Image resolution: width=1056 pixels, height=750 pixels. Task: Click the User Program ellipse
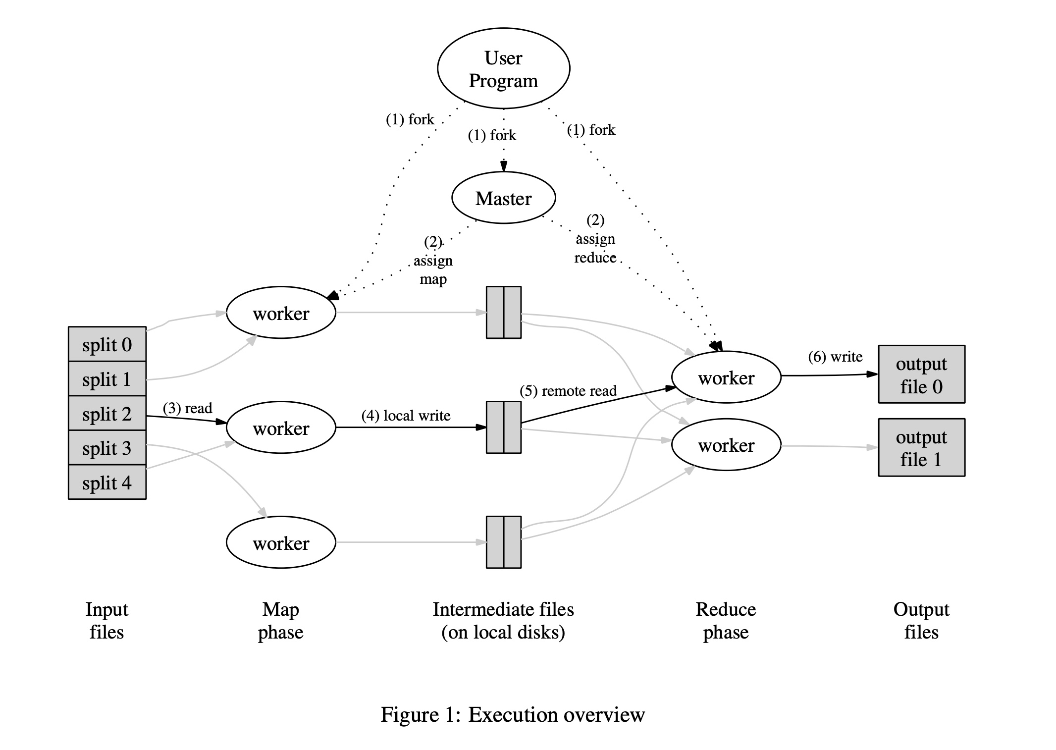click(504, 68)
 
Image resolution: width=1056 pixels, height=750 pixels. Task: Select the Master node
click(504, 198)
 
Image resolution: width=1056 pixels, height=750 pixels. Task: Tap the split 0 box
click(107, 344)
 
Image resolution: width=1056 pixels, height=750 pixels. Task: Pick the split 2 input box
click(107, 413)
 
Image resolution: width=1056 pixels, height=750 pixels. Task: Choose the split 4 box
click(107, 482)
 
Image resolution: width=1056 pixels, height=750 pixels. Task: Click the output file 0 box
click(921, 374)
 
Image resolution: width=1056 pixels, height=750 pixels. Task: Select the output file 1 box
click(921, 447)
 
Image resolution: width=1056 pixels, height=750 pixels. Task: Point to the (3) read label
click(187, 408)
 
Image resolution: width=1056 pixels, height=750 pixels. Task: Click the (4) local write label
click(406, 416)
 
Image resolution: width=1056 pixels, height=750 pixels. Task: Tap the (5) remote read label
click(568, 391)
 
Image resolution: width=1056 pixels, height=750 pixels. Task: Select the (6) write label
click(835, 357)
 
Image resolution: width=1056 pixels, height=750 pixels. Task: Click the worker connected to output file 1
click(726, 445)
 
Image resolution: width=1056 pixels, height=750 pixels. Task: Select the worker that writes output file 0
click(726, 377)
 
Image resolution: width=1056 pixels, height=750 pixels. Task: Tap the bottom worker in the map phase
click(281, 542)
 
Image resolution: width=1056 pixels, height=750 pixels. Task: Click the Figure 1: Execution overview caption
click(513, 714)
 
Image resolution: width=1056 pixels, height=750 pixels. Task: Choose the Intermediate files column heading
click(503, 621)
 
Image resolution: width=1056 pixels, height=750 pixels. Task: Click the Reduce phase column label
click(726, 621)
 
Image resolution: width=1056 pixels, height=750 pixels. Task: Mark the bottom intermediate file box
click(504, 542)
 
